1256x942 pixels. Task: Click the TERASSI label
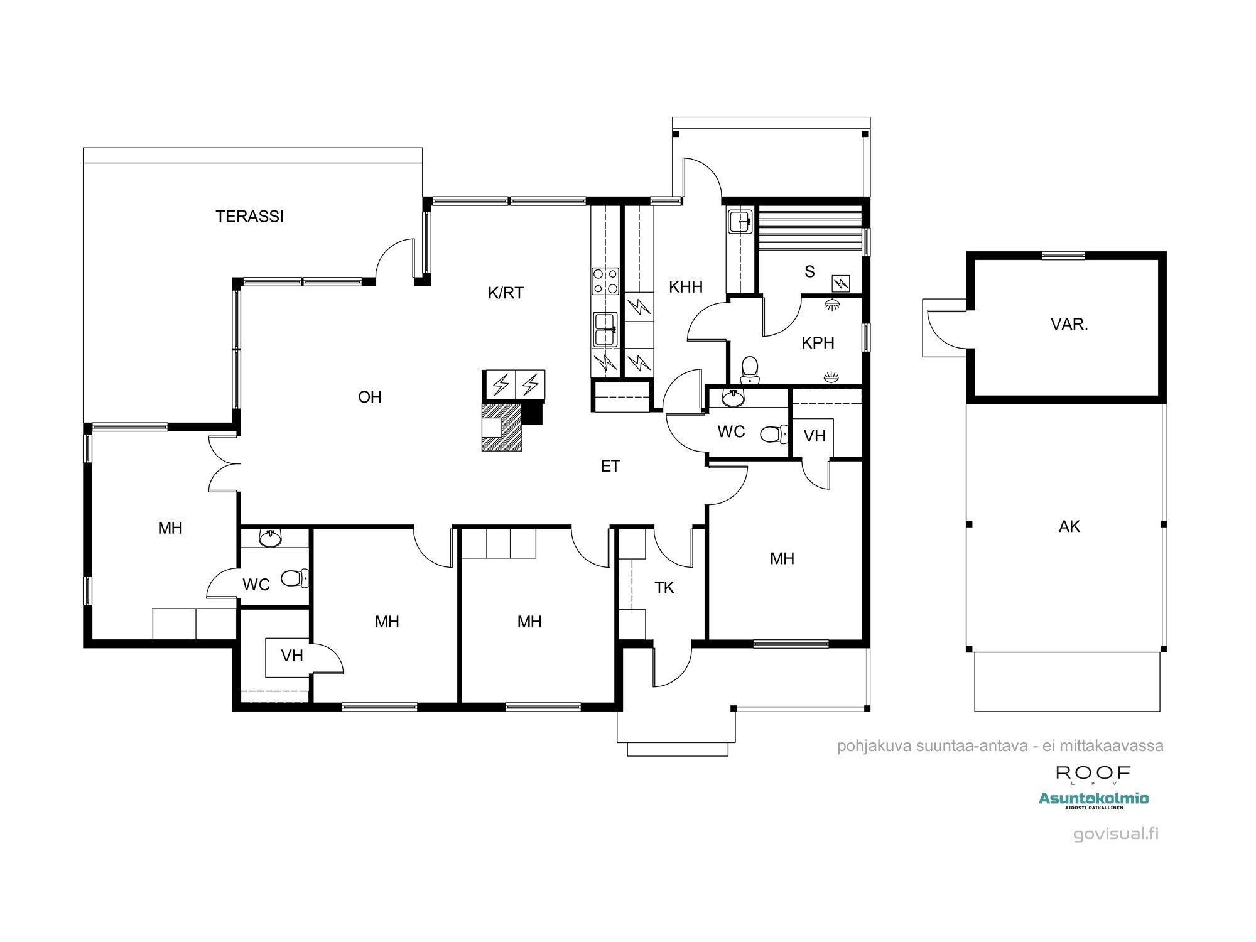coord(249,217)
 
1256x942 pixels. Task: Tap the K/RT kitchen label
coord(506,293)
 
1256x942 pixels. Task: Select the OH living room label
coord(369,397)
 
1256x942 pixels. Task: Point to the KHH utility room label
coord(685,287)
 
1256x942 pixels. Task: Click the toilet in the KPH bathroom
coord(750,369)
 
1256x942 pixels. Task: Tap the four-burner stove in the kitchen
coord(605,281)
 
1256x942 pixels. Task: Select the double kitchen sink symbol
coord(605,329)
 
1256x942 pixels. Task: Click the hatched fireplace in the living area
coord(501,427)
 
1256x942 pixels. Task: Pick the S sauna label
coord(809,271)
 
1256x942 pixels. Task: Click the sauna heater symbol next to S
coord(840,283)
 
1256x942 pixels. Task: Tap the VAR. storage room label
coord(1069,325)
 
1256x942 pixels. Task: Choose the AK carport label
coord(1069,526)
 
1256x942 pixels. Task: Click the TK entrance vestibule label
coord(664,588)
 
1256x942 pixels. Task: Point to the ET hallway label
coord(610,466)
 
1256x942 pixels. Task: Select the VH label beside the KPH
coord(815,436)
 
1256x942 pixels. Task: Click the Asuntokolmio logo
coord(1093,799)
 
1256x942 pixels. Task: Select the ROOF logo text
coord(1093,773)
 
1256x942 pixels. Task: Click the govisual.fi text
coord(1115,834)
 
